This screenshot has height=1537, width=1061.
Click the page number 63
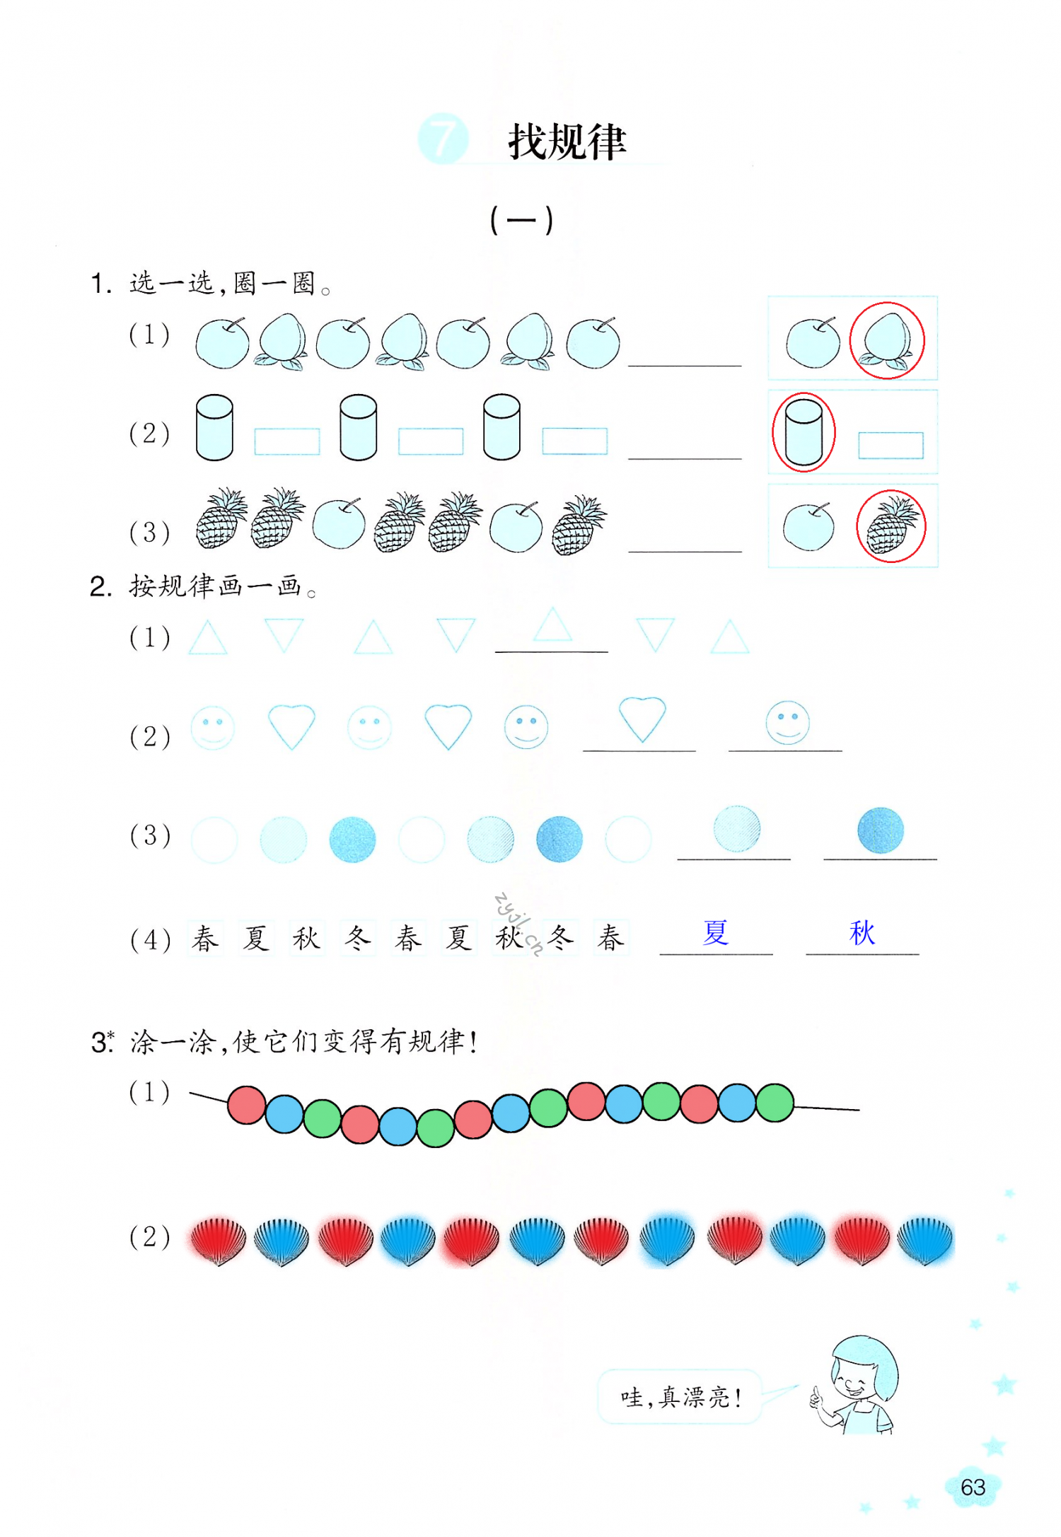(x=973, y=1487)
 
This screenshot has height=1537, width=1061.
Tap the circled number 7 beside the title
(x=443, y=139)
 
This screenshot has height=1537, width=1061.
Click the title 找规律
(x=567, y=141)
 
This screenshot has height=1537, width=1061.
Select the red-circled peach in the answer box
(x=886, y=341)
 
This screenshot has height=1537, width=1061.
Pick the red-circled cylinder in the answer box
(x=804, y=432)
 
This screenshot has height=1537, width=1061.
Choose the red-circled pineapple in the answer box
(x=891, y=526)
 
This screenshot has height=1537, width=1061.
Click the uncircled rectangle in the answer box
(x=891, y=446)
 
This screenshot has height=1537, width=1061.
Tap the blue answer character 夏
(x=715, y=932)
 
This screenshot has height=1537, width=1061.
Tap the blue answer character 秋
(x=862, y=932)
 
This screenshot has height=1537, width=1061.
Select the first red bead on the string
(x=246, y=1105)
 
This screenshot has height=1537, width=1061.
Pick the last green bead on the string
(x=775, y=1103)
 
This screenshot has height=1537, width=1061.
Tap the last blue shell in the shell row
(x=924, y=1240)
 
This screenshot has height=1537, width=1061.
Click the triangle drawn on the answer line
(x=552, y=625)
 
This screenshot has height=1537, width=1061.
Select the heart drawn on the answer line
(x=642, y=718)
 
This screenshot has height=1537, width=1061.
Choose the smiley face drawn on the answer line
(x=787, y=722)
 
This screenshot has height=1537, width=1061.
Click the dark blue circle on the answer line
(x=880, y=830)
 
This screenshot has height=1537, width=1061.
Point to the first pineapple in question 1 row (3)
(x=221, y=519)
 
